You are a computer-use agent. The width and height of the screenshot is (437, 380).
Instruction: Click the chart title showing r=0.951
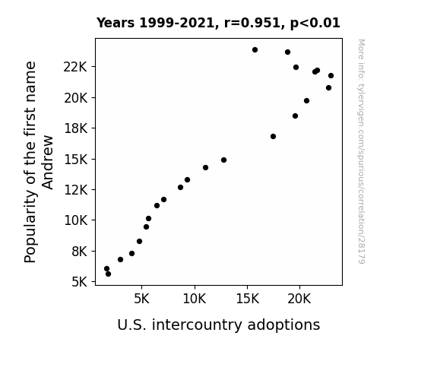pyautogui.click(x=218, y=23)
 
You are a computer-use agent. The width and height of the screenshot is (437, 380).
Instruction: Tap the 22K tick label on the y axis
pyautogui.click(x=75, y=67)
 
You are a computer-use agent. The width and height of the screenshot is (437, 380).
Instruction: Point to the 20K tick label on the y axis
pyautogui.click(x=75, y=98)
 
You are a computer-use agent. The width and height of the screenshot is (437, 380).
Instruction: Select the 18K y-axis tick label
pyautogui.click(x=75, y=128)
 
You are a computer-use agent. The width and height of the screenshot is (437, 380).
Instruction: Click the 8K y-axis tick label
pyautogui.click(x=80, y=252)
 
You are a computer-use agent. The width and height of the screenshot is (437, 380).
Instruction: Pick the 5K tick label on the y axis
pyautogui.click(x=80, y=282)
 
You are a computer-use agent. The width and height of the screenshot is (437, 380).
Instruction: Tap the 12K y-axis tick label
pyautogui.click(x=75, y=190)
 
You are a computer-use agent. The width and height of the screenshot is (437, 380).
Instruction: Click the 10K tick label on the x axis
pyautogui.click(x=195, y=299)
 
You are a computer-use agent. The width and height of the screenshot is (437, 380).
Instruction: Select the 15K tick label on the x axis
pyautogui.click(x=247, y=299)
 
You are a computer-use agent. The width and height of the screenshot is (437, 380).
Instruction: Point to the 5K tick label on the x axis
pyautogui.click(x=141, y=299)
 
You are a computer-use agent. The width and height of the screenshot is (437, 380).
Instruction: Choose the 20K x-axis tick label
pyautogui.click(x=299, y=299)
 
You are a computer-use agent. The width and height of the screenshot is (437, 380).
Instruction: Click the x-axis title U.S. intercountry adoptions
pyautogui.click(x=219, y=325)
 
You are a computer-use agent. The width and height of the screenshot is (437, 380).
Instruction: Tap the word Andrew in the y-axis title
pyautogui.click(x=47, y=163)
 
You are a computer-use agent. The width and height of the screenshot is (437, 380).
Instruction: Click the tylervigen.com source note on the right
pyautogui.click(x=361, y=151)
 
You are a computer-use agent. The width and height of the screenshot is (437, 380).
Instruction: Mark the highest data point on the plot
pyautogui.click(x=255, y=50)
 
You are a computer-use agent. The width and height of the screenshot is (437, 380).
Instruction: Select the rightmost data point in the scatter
pyautogui.click(x=331, y=76)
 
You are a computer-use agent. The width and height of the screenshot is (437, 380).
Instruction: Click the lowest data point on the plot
pyautogui.click(x=108, y=274)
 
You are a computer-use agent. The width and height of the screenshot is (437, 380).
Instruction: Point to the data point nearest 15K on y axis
pyautogui.click(x=223, y=160)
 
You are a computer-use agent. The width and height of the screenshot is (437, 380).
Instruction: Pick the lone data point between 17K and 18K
pyautogui.click(x=273, y=136)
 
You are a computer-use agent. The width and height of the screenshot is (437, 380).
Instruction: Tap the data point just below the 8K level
pyautogui.click(x=131, y=253)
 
